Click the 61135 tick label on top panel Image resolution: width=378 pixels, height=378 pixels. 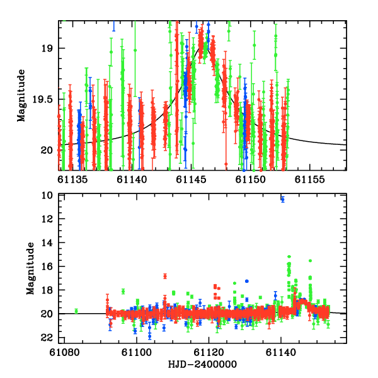(73, 180)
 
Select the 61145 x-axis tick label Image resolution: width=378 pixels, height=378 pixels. (190, 180)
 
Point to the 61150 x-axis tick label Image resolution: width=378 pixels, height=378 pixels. (248, 180)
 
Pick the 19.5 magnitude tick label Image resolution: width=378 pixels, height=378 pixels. (47, 99)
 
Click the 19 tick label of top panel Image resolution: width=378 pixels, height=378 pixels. (51, 48)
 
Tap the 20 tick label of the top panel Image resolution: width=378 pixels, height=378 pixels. (51, 150)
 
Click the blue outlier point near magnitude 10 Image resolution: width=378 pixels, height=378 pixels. (282, 199)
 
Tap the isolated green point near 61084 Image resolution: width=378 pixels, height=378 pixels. (76, 311)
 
